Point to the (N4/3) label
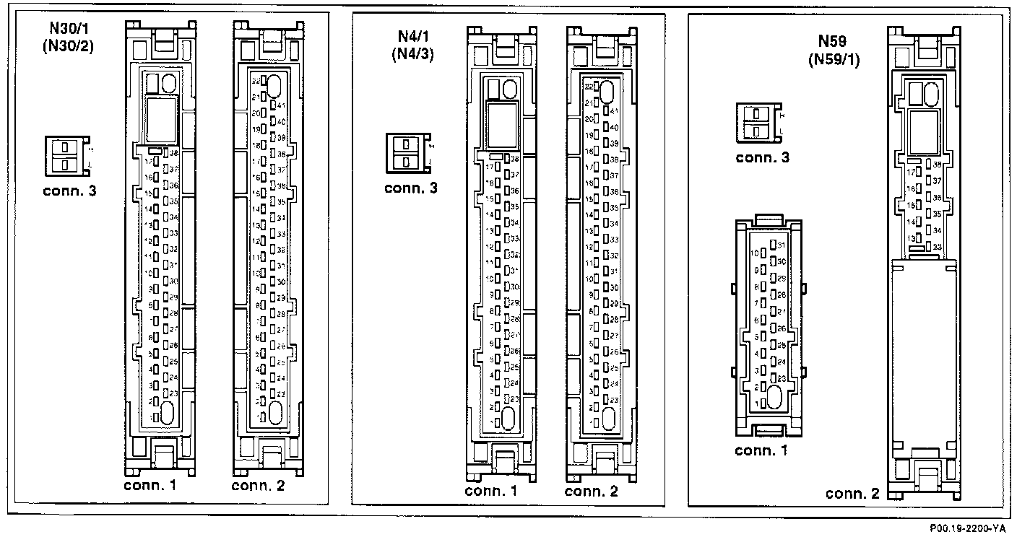click(x=410, y=54)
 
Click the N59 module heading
click(x=831, y=42)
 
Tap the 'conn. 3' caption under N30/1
click(x=69, y=192)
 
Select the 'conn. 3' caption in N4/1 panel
click(x=410, y=188)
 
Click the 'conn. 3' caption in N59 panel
click(x=762, y=157)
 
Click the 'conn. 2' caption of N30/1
click(x=258, y=485)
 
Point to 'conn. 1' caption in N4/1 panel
click(x=491, y=492)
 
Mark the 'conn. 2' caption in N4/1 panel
click(x=592, y=492)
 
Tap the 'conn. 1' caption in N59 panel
click(x=761, y=452)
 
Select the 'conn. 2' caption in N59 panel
click(x=852, y=494)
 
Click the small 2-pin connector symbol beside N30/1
click(x=66, y=155)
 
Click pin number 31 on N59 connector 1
click(x=782, y=246)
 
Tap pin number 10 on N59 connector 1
click(x=755, y=253)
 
